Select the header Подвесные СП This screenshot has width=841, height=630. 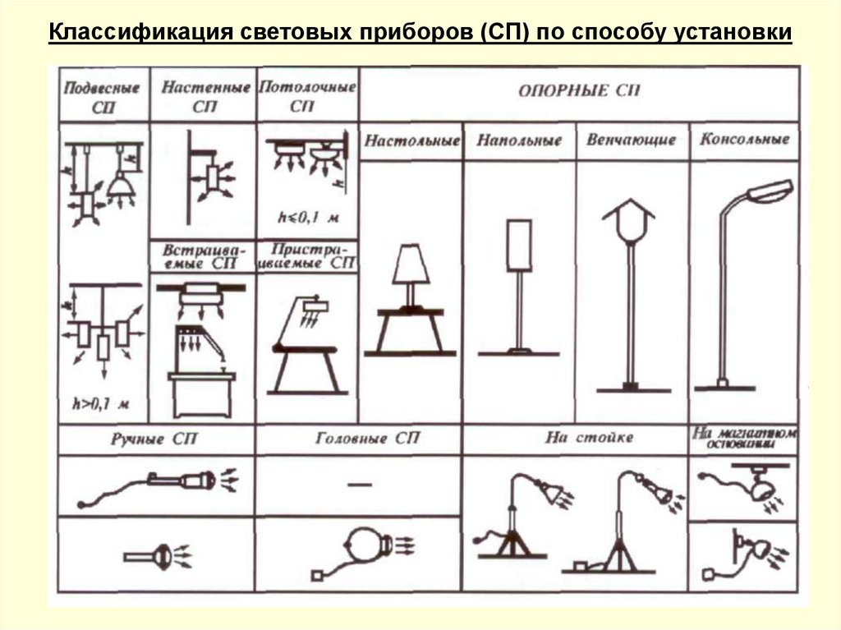point(102,96)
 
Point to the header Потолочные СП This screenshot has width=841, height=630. point(307,95)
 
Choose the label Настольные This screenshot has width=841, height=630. point(412,140)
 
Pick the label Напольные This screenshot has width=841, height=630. point(519,140)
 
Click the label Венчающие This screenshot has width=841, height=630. point(631,140)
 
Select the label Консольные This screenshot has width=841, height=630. point(744,140)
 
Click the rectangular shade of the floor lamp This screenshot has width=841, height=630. point(519,245)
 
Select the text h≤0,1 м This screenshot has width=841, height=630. point(308,218)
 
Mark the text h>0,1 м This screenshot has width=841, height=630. point(102,405)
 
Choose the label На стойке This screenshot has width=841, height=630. point(577,437)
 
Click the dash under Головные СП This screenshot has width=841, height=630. point(359,485)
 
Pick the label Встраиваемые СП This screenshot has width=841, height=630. point(204,255)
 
